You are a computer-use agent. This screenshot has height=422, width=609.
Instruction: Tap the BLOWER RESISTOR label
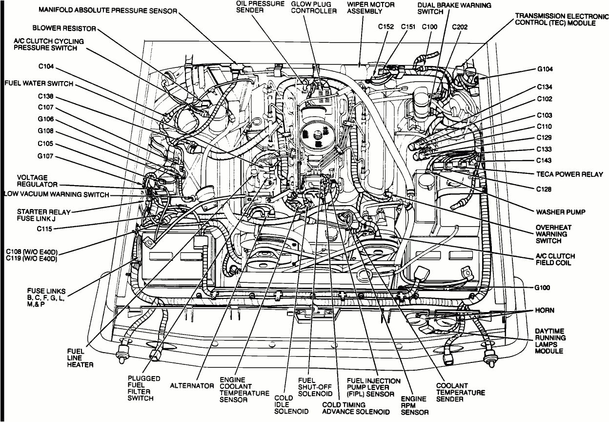click(x=64, y=29)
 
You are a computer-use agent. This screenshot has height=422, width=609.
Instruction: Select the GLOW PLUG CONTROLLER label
click(x=314, y=7)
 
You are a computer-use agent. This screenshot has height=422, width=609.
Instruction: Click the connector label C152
click(x=386, y=27)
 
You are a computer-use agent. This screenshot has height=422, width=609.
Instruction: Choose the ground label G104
click(x=545, y=69)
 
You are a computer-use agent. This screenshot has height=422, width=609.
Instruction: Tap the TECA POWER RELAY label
click(x=569, y=174)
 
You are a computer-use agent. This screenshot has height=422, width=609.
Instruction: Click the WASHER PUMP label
click(x=560, y=212)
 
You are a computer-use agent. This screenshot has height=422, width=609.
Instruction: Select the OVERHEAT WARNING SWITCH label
click(x=553, y=234)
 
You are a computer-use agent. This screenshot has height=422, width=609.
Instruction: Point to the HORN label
click(x=545, y=310)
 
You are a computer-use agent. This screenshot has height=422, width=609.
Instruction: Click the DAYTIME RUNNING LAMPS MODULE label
click(x=550, y=341)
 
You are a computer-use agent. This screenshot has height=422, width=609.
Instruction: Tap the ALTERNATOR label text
click(x=192, y=386)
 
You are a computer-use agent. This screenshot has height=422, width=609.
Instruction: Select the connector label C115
click(x=47, y=228)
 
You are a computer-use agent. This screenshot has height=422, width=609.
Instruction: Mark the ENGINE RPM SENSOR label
click(x=414, y=405)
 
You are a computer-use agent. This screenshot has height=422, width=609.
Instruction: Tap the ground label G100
click(x=543, y=288)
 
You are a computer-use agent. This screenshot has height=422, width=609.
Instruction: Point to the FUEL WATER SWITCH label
click(x=39, y=84)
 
